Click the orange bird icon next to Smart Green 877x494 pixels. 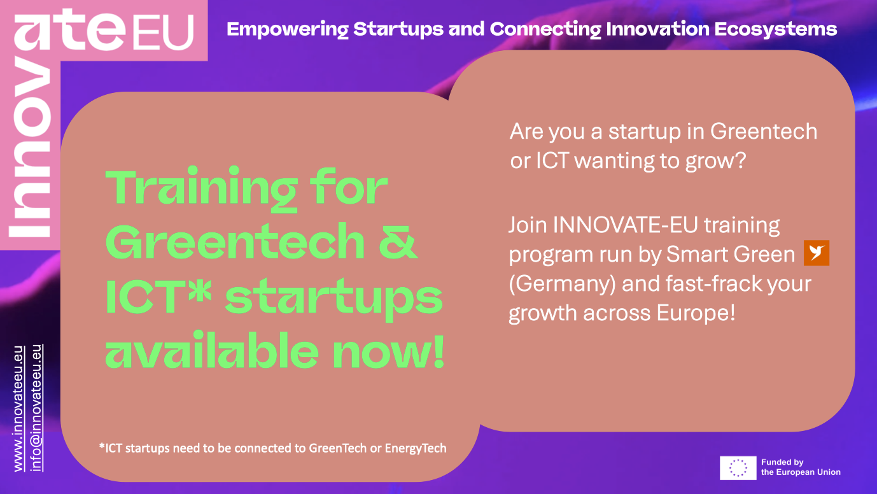pyautogui.click(x=817, y=253)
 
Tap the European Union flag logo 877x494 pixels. pyautogui.click(x=738, y=468)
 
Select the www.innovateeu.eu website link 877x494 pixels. pyautogui.click(x=19, y=409)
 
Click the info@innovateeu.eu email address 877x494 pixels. pyautogui.click(x=36, y=408)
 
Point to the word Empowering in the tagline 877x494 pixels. pyautogui.click(x=288, y=30)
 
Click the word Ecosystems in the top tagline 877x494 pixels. pyautogui.click(x=776, y=29)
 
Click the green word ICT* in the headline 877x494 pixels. pyautogui.click(x=158, y=296)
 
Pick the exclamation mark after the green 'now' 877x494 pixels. pyautogui.click(x=439, y=351)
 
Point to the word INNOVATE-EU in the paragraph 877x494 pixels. pyautogui.click(x=625, y=225)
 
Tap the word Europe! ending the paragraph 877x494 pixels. pyautogui.click(x=696, y=313)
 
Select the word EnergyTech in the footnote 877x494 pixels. pyautogui.click(x=416, y=448)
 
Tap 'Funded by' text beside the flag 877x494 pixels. pyautogui.click(x=782, y=462)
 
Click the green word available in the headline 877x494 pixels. pyautogui.click(x=212, y=351)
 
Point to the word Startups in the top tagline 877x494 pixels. pyautogui.click(x=398, y=30)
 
